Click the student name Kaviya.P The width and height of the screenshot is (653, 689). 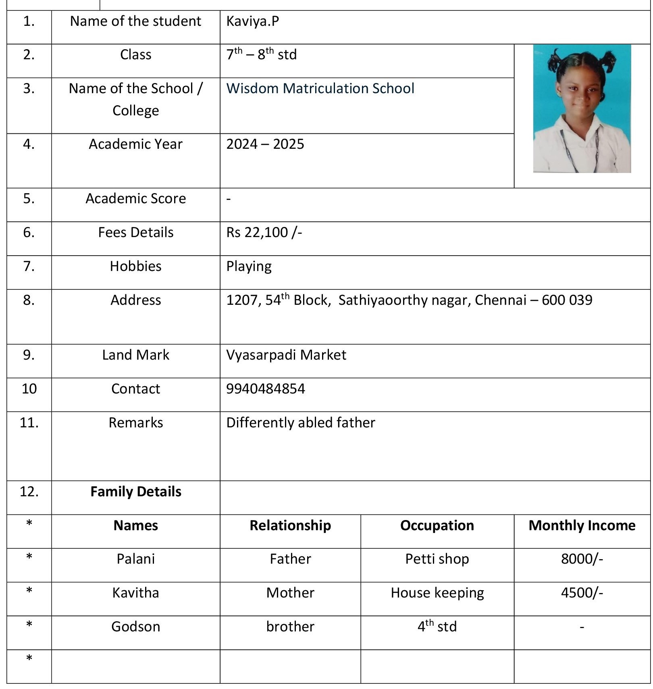click(x=252, y=21)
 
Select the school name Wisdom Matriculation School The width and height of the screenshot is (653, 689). click(x=320, y=88)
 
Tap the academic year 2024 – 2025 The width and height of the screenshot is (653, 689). click(x=265, y=144)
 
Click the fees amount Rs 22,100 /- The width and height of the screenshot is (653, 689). click(x=264, y=232)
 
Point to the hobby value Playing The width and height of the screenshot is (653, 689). click(x=249, y=266)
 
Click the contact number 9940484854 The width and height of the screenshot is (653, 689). click(x=265, y=389)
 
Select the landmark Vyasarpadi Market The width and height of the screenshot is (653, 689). click(x=286, y=355)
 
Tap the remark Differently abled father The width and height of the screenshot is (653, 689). click(x=300, y=423)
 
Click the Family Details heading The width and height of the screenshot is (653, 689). click(x=136, y=491)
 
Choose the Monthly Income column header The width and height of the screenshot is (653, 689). click(x=582, y=525)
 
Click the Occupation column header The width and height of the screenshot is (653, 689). click(x=437, y=525)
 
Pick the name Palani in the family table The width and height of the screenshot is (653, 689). click(x=136, y=559)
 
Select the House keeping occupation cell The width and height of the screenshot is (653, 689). click(x=437, y=593)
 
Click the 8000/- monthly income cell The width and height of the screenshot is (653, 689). click(x=582, y=559)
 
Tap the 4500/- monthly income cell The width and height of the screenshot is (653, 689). click(x=582, y=593)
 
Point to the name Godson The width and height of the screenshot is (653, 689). click(x=136, y=627)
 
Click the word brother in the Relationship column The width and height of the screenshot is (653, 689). click(x=290, y=627)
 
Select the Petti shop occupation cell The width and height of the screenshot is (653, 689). click(x=437, y=559)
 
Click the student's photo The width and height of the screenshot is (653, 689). click(x=582, y=108)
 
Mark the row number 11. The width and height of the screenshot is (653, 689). click(x=29, y=423)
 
